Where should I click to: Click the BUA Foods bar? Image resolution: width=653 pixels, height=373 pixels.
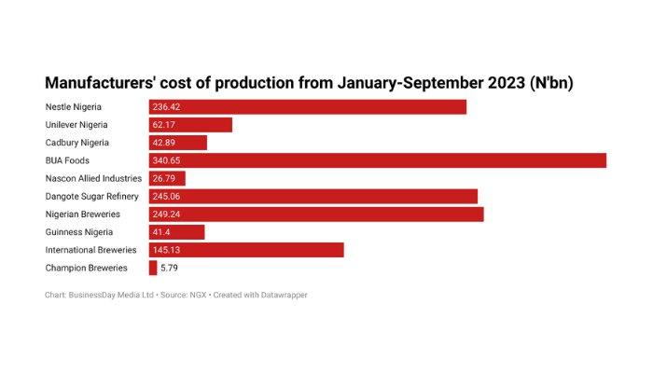coord(378,160)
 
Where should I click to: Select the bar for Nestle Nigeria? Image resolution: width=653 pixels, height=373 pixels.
coord(308,107)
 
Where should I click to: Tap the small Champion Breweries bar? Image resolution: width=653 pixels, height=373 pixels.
coord(153,268)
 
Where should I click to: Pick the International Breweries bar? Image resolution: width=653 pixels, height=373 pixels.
coord(246,250)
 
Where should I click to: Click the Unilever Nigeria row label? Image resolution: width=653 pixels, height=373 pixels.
coord(76,125)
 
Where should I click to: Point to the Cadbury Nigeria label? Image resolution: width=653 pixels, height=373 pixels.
coord(76,143)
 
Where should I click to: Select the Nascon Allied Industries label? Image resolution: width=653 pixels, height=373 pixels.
coord(93,178)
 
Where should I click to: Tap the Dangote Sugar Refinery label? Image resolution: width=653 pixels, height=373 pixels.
coord(91,196)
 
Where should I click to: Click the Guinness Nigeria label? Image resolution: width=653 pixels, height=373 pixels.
coord(79,232)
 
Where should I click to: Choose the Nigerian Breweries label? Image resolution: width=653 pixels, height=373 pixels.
coord(83,214)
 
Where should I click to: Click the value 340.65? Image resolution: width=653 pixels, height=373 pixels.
coord(167,160)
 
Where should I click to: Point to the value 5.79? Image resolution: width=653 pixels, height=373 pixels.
coord(169,268)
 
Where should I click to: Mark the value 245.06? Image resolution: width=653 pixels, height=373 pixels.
coord(167,196)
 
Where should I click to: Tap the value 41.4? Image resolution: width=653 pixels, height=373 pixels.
coord(162,232)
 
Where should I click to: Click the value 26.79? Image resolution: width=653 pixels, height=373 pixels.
coord(164,178)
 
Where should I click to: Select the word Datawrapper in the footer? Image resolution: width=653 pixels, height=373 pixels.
coord(281,295)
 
